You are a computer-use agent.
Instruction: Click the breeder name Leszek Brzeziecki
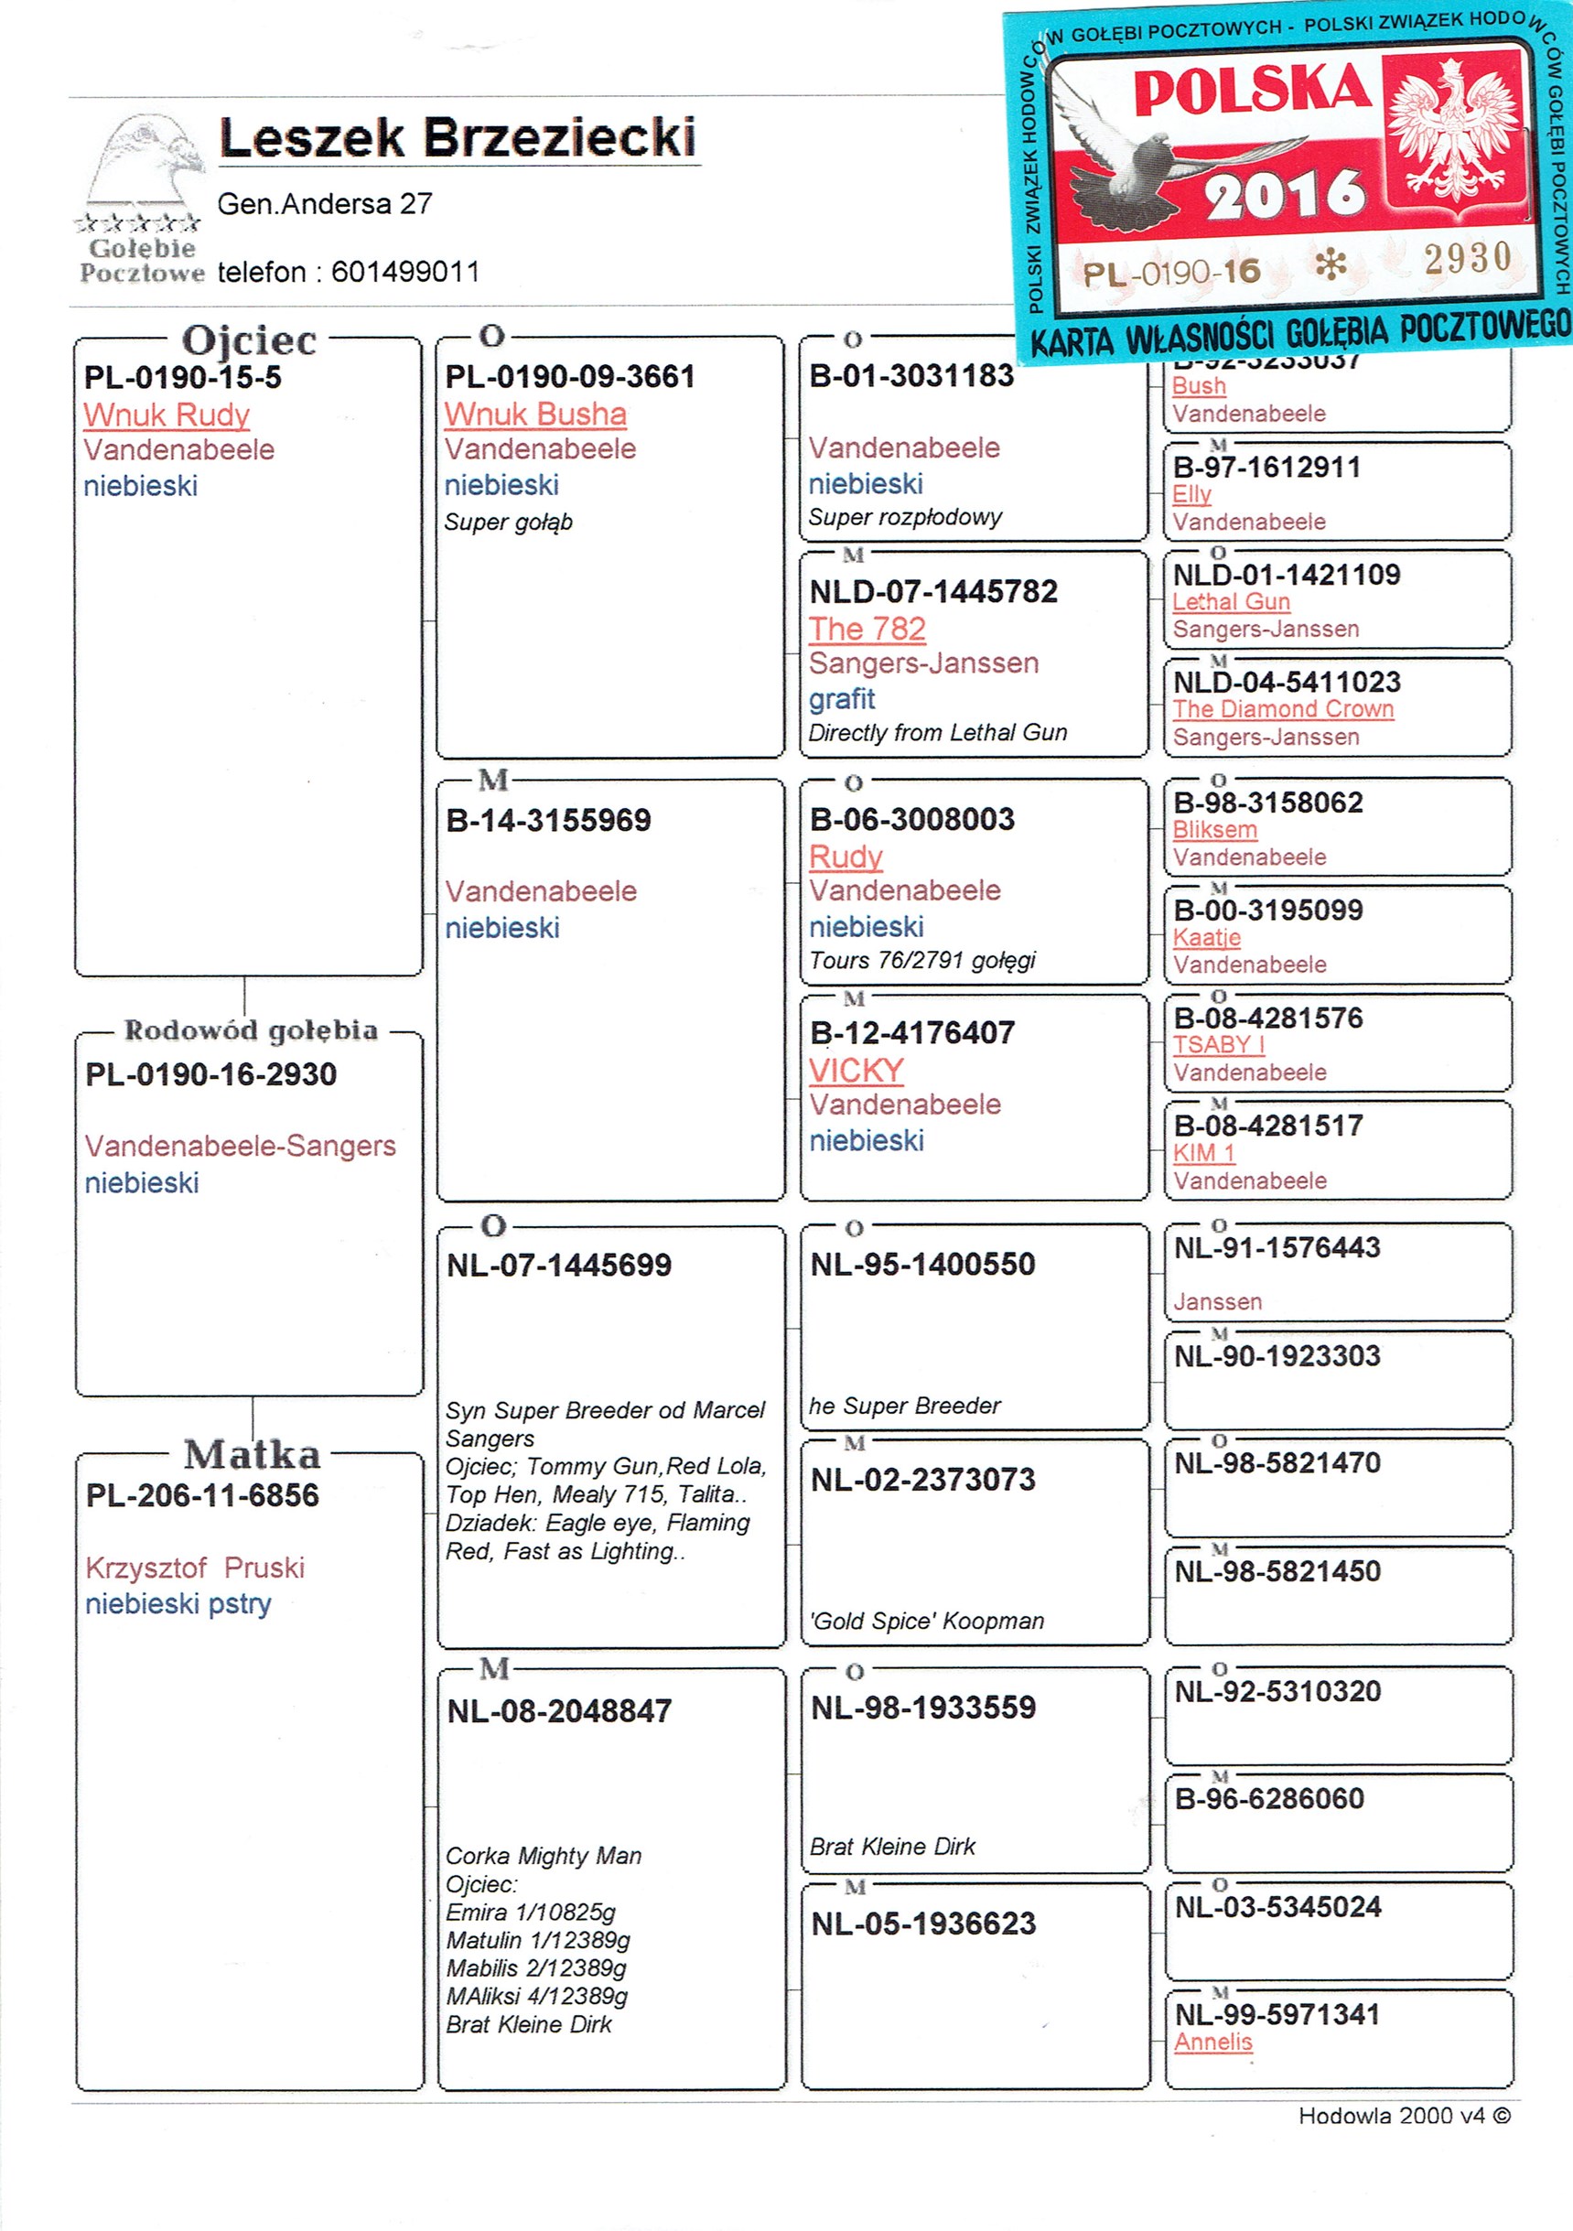click(x=457, y=137)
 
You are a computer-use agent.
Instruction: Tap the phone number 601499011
click(x=405, y=272)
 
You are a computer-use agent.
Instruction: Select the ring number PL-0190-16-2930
click(x=210, y=1074)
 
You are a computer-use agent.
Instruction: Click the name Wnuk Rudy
click(x=167, y=415)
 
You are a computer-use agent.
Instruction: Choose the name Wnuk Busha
click(x=535, y=414)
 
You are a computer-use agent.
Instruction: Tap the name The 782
click(x=867, y=629)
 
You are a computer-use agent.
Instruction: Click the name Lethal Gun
click(x=1231, y=601)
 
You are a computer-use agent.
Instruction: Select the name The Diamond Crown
click(x=1283, y=709)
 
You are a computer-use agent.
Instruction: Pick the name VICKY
click(x=856, y=1070)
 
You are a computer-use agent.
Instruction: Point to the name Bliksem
click(x=1214, y=830)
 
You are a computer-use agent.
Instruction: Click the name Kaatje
click(x=1207, y=938)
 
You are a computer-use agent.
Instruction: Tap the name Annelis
click(x=1212, y=2042)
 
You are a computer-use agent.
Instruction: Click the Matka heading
click(x=252, y=1455)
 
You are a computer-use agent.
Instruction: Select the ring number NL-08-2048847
click(x=559, y=1711)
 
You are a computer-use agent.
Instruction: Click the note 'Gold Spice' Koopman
click(x=927, y=1621)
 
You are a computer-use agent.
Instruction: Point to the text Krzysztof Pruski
click(x=195, y=1568)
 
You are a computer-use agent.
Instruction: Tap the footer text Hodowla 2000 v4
click(x=1403, y=2136)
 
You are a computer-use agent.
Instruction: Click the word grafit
click(x=841, y=698)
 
